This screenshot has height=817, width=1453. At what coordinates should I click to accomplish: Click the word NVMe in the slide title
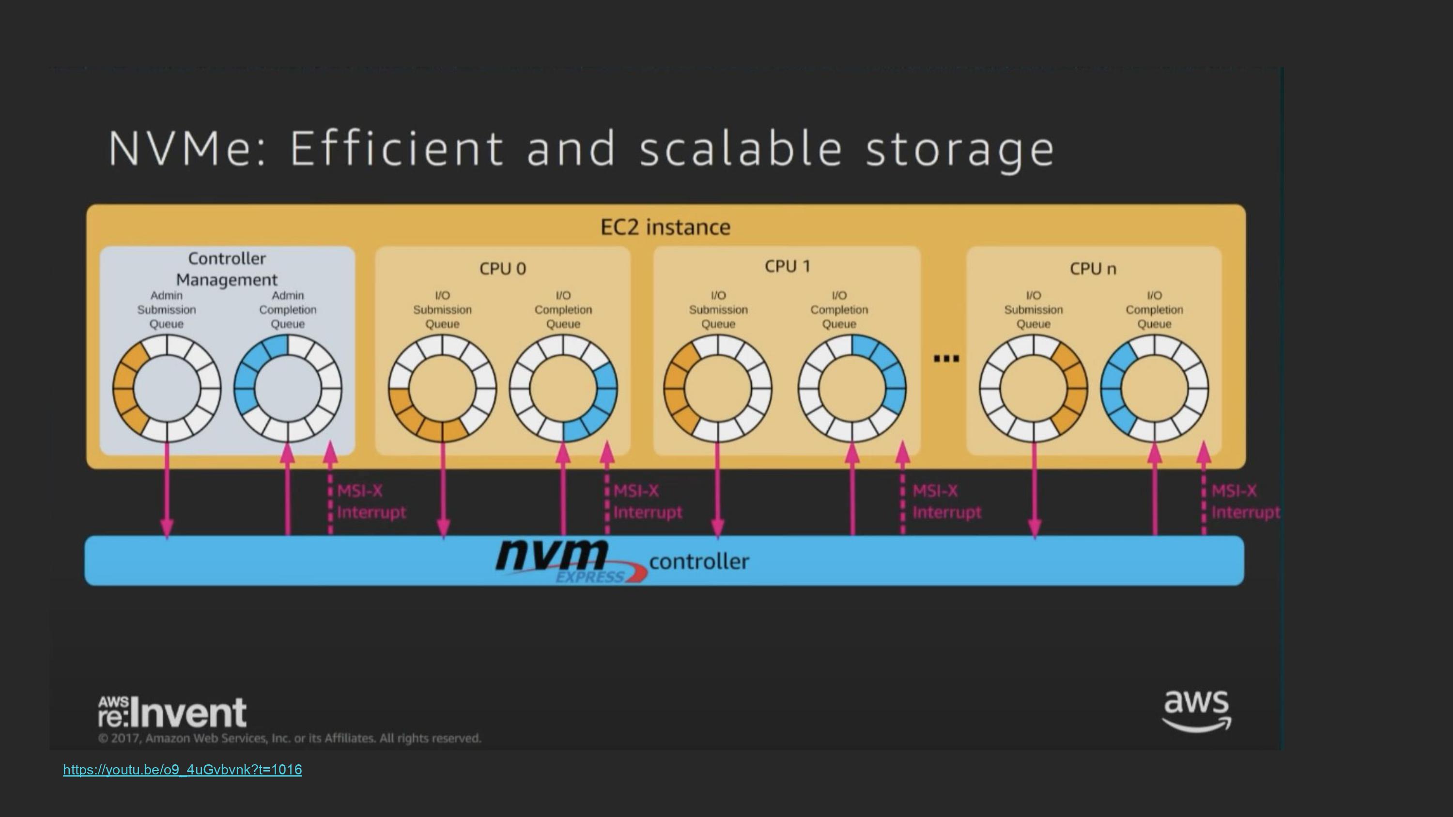pyautogui.click(x=186, y=148)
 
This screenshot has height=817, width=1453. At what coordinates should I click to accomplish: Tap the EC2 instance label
pyautogui.click(x=665, y=227)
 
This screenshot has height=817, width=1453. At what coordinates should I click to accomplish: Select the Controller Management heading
pyautogui.click(x=227, y=269)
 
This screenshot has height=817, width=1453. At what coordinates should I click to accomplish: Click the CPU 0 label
pyautogui.click(x=503, y=269)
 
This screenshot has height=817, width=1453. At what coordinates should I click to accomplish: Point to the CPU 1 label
pyautogui.click(x=788, y=266)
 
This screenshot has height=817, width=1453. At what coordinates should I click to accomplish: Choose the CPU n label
pyautogui.click(x=1093, y=269)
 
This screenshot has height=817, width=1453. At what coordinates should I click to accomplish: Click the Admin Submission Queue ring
pyautogui.click(x=167, y=389)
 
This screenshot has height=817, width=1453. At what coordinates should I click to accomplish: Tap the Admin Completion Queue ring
pyautogui.click(x=288, y=389)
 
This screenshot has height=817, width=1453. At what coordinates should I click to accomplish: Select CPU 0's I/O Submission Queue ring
pyautogui.click(x=442, y=389)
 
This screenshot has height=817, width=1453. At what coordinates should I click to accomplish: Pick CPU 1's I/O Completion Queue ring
pyautogui.click(x=852, y=389)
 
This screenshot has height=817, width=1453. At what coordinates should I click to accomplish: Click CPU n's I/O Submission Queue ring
pyautogui.click(x=1034, y=389)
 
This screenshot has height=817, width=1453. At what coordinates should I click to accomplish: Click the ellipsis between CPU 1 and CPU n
pyautogui.click(x=946, y=359)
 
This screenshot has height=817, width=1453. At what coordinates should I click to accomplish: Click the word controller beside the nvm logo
pyautogui.click(x=699, y=561)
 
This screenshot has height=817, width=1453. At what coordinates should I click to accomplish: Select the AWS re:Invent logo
pyautogui.click(x=172, y=712)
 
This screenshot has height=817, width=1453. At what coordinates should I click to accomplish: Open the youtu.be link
pyautogui.click(x=182, y=770)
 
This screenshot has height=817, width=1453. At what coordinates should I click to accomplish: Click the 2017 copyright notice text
pyautogui.click(x=289, y=739)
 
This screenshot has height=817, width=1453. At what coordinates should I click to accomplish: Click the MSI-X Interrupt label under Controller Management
pyautogui.click(x=371, y=501)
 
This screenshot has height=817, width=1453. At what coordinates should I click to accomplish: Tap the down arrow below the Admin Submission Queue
pyautogui.click(x=167, y=490)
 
